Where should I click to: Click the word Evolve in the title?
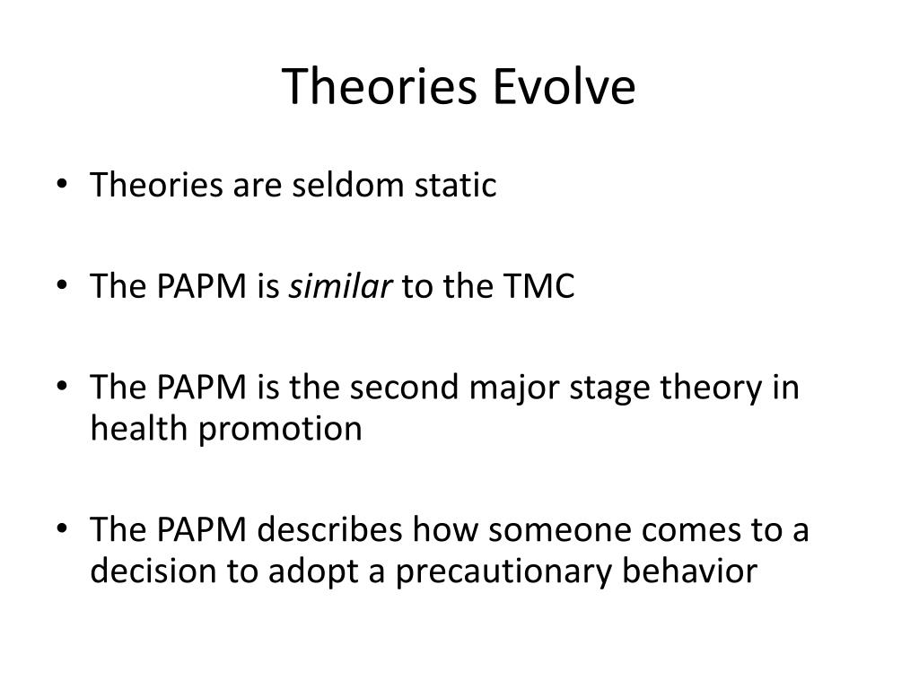[x=564, y=86]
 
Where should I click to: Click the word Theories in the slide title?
[x=380, y=86]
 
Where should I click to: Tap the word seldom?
[x=348, y=185]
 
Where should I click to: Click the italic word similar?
[x=340, y=286]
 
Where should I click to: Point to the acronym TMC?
[x=538, y=286]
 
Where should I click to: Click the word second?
[x=404, y=388]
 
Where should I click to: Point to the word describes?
[x=329, y=529]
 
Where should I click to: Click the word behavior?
[x=689, y=571]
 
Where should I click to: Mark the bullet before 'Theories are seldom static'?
[x=62, y=183]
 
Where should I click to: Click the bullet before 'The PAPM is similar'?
[x=62, y=284]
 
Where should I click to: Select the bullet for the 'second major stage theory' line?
[x=62, y=386]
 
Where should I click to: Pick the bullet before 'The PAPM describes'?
[x=62, y=528]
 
